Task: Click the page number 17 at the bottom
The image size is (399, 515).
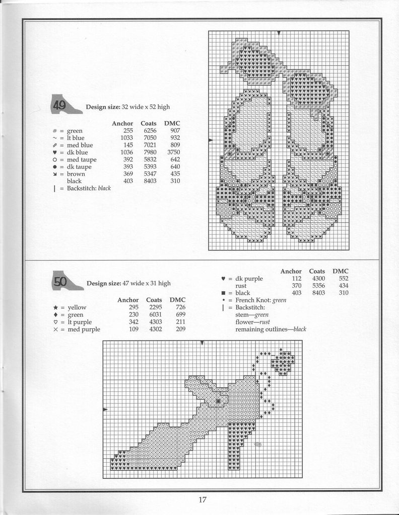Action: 202,500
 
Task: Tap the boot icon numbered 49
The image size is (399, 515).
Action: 66,104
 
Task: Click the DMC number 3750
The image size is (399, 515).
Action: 174,152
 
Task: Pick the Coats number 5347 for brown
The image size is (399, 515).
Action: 150,174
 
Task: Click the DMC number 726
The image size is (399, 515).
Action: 180,307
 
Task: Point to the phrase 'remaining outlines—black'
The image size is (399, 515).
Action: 271,329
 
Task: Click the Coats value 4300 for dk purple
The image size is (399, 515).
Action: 317,279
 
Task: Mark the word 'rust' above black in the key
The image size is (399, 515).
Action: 241,286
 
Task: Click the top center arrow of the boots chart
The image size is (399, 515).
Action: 279,33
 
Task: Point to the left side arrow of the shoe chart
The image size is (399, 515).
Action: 105,410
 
